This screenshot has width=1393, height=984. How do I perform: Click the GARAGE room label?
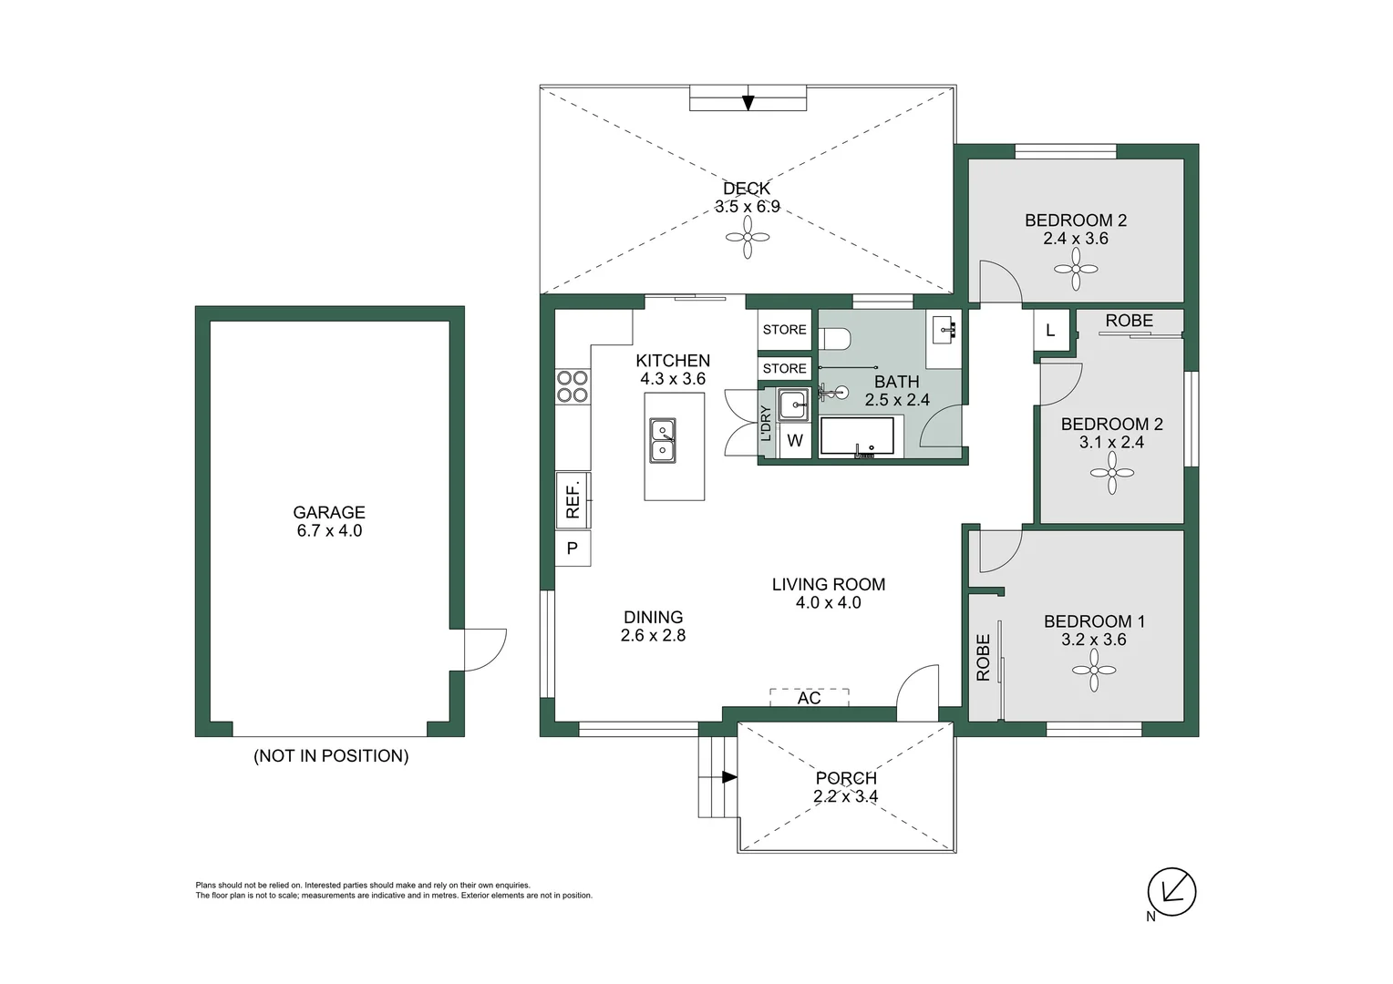329,512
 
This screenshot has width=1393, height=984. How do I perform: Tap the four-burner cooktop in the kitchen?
573,386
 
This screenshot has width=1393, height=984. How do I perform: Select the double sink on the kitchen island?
663,440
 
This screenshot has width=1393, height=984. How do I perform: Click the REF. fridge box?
573,500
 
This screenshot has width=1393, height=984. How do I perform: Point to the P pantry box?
573,548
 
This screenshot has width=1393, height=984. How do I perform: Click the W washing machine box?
795,441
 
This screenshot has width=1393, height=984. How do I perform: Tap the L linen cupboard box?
1051,330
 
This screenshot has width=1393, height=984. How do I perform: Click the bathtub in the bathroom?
858,437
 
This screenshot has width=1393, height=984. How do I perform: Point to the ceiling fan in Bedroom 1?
1094,670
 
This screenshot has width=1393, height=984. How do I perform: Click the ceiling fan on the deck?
748,237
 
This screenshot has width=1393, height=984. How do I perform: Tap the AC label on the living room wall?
809,698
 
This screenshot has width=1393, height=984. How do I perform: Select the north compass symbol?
1171,891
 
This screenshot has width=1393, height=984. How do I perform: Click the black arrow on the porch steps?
729,777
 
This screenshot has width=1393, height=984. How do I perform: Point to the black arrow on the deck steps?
748,103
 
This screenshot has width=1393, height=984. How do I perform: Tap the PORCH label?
846,777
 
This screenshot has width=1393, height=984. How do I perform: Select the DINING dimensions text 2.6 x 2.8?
653,635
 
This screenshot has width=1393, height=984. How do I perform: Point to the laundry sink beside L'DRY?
794,405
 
